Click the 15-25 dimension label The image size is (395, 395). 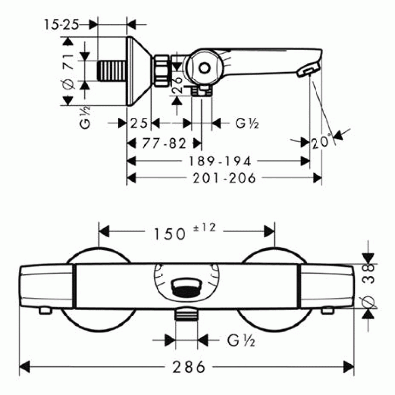tap(61, 25)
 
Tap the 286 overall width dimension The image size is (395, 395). tap(189, 367)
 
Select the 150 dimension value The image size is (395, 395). tap(169, 234)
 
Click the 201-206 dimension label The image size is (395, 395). tap(224, 178)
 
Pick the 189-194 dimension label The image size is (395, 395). tap(220, 161)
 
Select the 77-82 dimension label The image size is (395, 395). tap(164, 144)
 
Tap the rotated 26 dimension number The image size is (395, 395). tap(177, 85)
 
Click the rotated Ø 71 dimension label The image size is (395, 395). tap(69, 72)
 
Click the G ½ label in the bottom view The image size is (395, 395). tap(241, 340)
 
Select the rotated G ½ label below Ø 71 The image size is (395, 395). tap(85, 117)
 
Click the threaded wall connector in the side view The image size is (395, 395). tap(112, 71)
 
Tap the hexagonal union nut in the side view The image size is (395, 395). tap(161, 71)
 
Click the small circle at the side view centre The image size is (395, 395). tap(204, 68)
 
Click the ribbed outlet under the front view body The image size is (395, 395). tap(187, 315)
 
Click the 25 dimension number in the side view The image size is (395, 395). tap(139, 123)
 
